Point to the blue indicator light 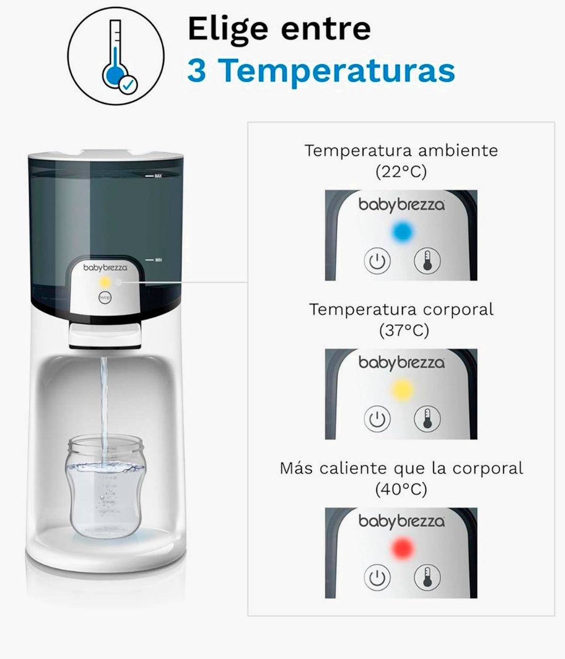pos(402,231)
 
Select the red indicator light pos(402,548)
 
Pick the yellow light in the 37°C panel pos(402,389)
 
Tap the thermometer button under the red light pos(427,577)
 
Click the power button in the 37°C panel pos(377,418)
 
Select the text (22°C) pos(401,172)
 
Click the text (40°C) pos(401,490)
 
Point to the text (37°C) pos(404,331)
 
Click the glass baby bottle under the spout pos(105,487)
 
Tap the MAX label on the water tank pos(158,176)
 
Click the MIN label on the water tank pos(158,260)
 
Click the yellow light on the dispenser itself pos(105,282)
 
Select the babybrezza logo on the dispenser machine pos(105,267)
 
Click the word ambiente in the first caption pos(452,151)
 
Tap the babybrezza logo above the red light pos(401,521)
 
